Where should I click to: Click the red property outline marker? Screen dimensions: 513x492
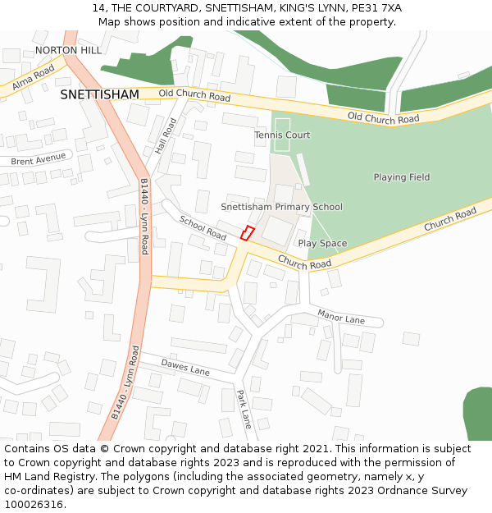[247, 232]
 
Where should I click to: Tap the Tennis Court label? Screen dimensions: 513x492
[282, 135]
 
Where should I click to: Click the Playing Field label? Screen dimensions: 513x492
[401, 177]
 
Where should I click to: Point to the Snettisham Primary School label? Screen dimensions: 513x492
[281, 207]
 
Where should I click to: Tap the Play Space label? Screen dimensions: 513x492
[322, 243]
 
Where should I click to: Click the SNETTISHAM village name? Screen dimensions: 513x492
[99, 95]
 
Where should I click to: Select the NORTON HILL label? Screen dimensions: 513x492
[68, 50]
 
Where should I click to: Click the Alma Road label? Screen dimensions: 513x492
[33, 81]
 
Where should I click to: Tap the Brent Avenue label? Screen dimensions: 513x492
[38, 158]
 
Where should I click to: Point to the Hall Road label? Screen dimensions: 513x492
[166, 136]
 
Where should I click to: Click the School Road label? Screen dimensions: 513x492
[202, 228]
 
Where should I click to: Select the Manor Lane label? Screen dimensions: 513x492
[340, 317]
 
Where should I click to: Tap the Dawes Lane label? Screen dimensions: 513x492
[185, 367]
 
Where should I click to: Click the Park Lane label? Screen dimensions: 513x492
[244, 409]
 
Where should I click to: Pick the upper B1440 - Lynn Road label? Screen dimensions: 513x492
[144, 216]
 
